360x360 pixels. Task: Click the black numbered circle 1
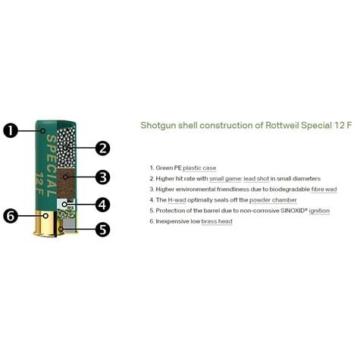pyautogui.click(x=11, y=130)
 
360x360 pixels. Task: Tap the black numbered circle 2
pyautogui.click(x=102, y=148)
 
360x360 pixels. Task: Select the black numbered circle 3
pyautogui.click(x=102, y=177)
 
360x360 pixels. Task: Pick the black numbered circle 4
pyautogui.click(x=102, y=204)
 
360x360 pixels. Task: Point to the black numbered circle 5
pyautogui.click(x=102, y=230)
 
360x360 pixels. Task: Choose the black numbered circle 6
pyautogui.click(x=11, y=216)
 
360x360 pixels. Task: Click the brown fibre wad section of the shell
pyautogui.click(x=66, y=183)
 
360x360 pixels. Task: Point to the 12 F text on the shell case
pyautogui.click(x=39, y=184)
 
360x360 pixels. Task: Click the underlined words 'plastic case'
pyautogui.click(x=199, y=168)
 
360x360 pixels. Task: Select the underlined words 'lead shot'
pyautogui.click(x=256, y=179)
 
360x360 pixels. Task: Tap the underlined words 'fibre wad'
pyautogui.click(x=324, y=189)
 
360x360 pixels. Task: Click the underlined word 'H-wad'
pyautogui.click(x=177, y=200)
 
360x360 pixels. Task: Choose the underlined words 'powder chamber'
pyautogui.click(x=273, y=200)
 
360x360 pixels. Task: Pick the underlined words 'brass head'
pyautogui.click(x=217, y=221)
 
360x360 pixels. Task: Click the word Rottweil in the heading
pyautogui.click(x=282, y=125)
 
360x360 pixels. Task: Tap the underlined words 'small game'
pyautogui.click(x=225, y=179)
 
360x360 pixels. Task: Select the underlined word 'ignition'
pyautogui.click(x=319, y=211)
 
